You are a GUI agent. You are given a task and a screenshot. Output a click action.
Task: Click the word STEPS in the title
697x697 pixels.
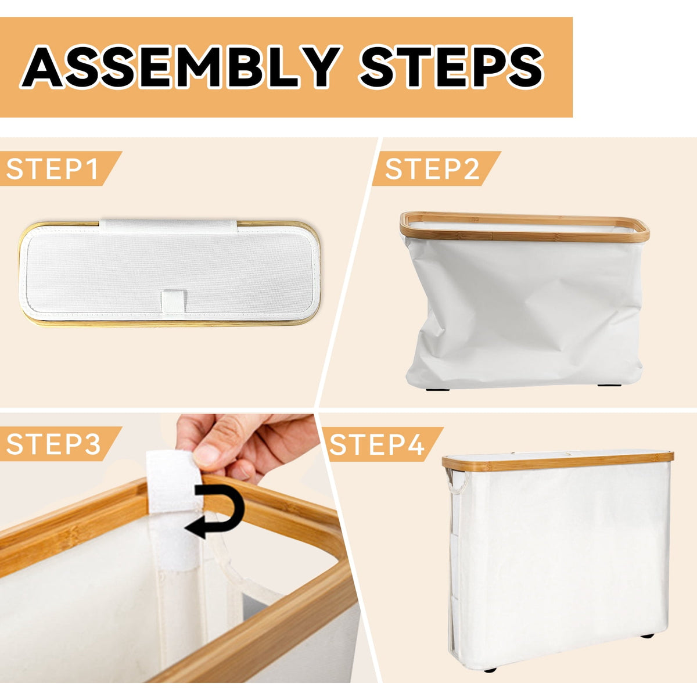pos(451,67)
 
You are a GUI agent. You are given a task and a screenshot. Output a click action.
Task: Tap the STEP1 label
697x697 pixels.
pos(52,169)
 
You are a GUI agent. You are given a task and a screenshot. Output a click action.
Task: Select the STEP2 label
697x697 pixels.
pos(432,169)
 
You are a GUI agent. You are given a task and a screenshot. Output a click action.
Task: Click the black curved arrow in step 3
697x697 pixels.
pos(216,511)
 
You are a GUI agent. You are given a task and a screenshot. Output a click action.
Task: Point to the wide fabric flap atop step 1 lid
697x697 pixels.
pos(168,226)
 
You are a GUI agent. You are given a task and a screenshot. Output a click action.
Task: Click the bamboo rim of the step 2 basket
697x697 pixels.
pos(524,227)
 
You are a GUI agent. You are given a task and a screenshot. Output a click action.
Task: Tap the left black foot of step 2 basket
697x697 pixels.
pos(438,390)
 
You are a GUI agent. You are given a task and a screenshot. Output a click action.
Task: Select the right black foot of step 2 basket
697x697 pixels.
pos(609,385)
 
